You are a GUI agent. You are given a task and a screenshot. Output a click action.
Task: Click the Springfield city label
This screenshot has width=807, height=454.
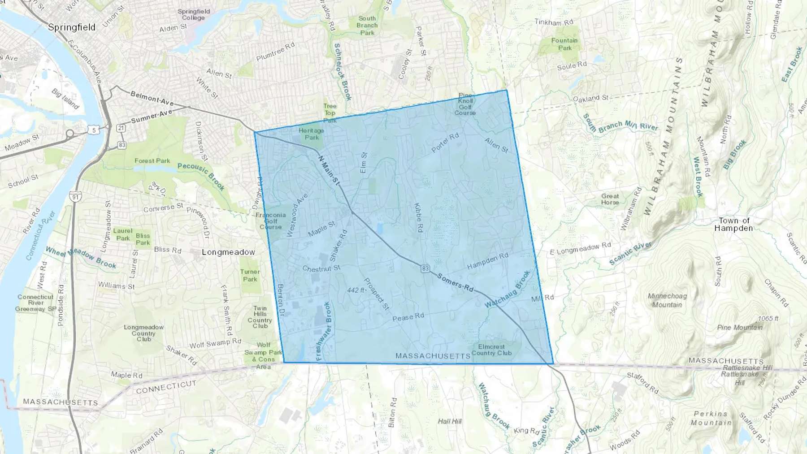72,27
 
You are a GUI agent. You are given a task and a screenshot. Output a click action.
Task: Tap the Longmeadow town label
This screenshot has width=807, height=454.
228,252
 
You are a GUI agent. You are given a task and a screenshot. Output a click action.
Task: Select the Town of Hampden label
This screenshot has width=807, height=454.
733,224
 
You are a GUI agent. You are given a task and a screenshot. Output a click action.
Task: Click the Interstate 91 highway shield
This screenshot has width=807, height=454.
75,197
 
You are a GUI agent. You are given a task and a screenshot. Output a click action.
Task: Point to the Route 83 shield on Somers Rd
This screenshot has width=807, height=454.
425,268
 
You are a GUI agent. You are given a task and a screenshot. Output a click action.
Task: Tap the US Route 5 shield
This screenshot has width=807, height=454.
93,130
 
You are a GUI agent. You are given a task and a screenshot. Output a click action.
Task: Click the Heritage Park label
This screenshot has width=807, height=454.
312,134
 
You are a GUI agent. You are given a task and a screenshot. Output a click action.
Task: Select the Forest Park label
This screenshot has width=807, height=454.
152,161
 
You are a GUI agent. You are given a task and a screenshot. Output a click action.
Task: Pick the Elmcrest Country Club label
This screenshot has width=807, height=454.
491,350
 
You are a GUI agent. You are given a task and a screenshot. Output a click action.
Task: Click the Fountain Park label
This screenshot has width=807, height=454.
564,44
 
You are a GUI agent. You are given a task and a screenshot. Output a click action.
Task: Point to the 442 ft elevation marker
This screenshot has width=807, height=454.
356,290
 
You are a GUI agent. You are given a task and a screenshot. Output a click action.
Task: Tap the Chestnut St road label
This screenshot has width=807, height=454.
321,268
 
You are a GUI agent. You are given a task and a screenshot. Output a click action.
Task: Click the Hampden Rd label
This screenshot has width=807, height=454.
488,261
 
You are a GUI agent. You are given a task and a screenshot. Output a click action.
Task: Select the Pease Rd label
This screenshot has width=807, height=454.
408,317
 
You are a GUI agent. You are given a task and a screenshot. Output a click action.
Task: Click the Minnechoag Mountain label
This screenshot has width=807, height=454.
667,300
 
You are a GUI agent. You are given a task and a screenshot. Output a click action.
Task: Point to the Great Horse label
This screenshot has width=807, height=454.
610,199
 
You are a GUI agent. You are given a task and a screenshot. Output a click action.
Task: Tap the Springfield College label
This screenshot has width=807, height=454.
194,15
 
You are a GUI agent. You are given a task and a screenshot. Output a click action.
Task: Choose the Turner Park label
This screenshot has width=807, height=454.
250,275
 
